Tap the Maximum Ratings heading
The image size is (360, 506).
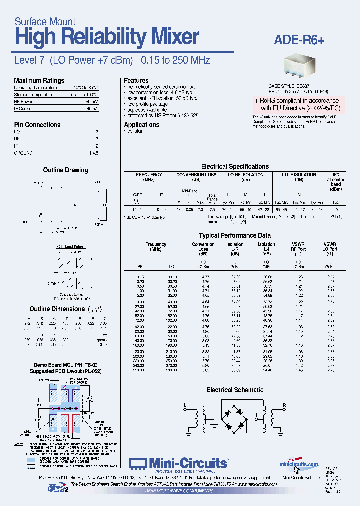point(39,81)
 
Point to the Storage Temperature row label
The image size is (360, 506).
point(33,94)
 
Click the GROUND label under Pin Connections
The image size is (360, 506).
point(23,153)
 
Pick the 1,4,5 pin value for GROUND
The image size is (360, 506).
point(93,153)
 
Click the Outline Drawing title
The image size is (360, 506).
point(65,170)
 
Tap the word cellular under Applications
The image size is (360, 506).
point(135,131)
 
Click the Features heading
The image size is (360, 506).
point(136,80)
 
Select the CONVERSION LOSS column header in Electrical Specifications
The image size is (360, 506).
point(196,175)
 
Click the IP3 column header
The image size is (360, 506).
point(335,175)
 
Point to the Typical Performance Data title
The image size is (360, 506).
point(235,235)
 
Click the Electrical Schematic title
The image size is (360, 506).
point(235,390)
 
